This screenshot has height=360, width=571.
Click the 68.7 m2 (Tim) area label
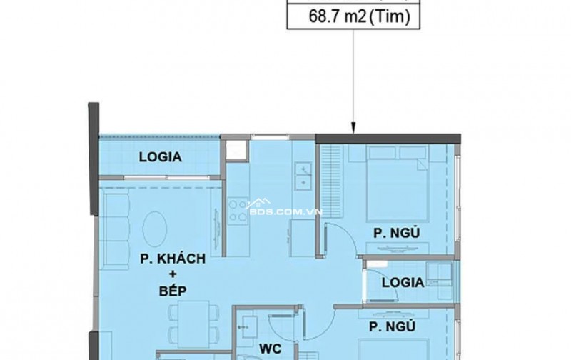(359, 16)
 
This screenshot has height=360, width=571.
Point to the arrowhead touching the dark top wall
(353, 129)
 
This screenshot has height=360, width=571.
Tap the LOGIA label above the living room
(160, 157)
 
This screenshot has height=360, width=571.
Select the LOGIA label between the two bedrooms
(403, 282)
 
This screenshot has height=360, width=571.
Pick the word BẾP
(173, 291)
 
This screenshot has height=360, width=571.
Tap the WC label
(271, 349)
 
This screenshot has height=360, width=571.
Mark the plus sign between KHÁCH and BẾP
(173, 274)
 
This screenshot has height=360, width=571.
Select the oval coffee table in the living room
(155, 229)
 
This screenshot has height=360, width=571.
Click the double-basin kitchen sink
(303, 176)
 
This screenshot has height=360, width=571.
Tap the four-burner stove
(238, 211)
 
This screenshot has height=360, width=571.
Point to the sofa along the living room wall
(116, 229)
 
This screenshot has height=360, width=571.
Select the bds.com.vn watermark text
(284, 211)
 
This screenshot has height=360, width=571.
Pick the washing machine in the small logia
(440, 274)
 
